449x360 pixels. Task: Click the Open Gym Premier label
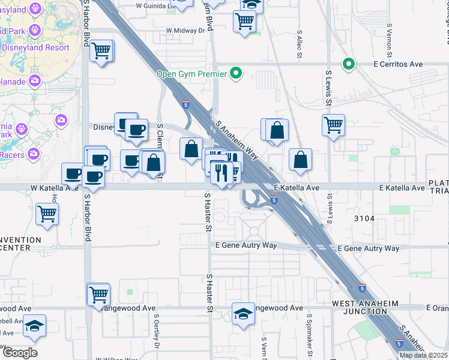[191, 74]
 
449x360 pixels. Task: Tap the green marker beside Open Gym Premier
[237, 74]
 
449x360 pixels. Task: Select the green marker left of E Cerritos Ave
[348, 64]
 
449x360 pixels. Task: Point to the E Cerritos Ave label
[397, 64]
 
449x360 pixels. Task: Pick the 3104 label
[364, 219]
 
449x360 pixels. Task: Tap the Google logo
[20, 353]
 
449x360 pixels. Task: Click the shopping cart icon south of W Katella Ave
[47, 213]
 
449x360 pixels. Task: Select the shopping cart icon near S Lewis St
[333, 125]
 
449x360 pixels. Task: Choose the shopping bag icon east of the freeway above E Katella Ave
[300, 160]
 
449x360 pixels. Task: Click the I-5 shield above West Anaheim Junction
[362, 289]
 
